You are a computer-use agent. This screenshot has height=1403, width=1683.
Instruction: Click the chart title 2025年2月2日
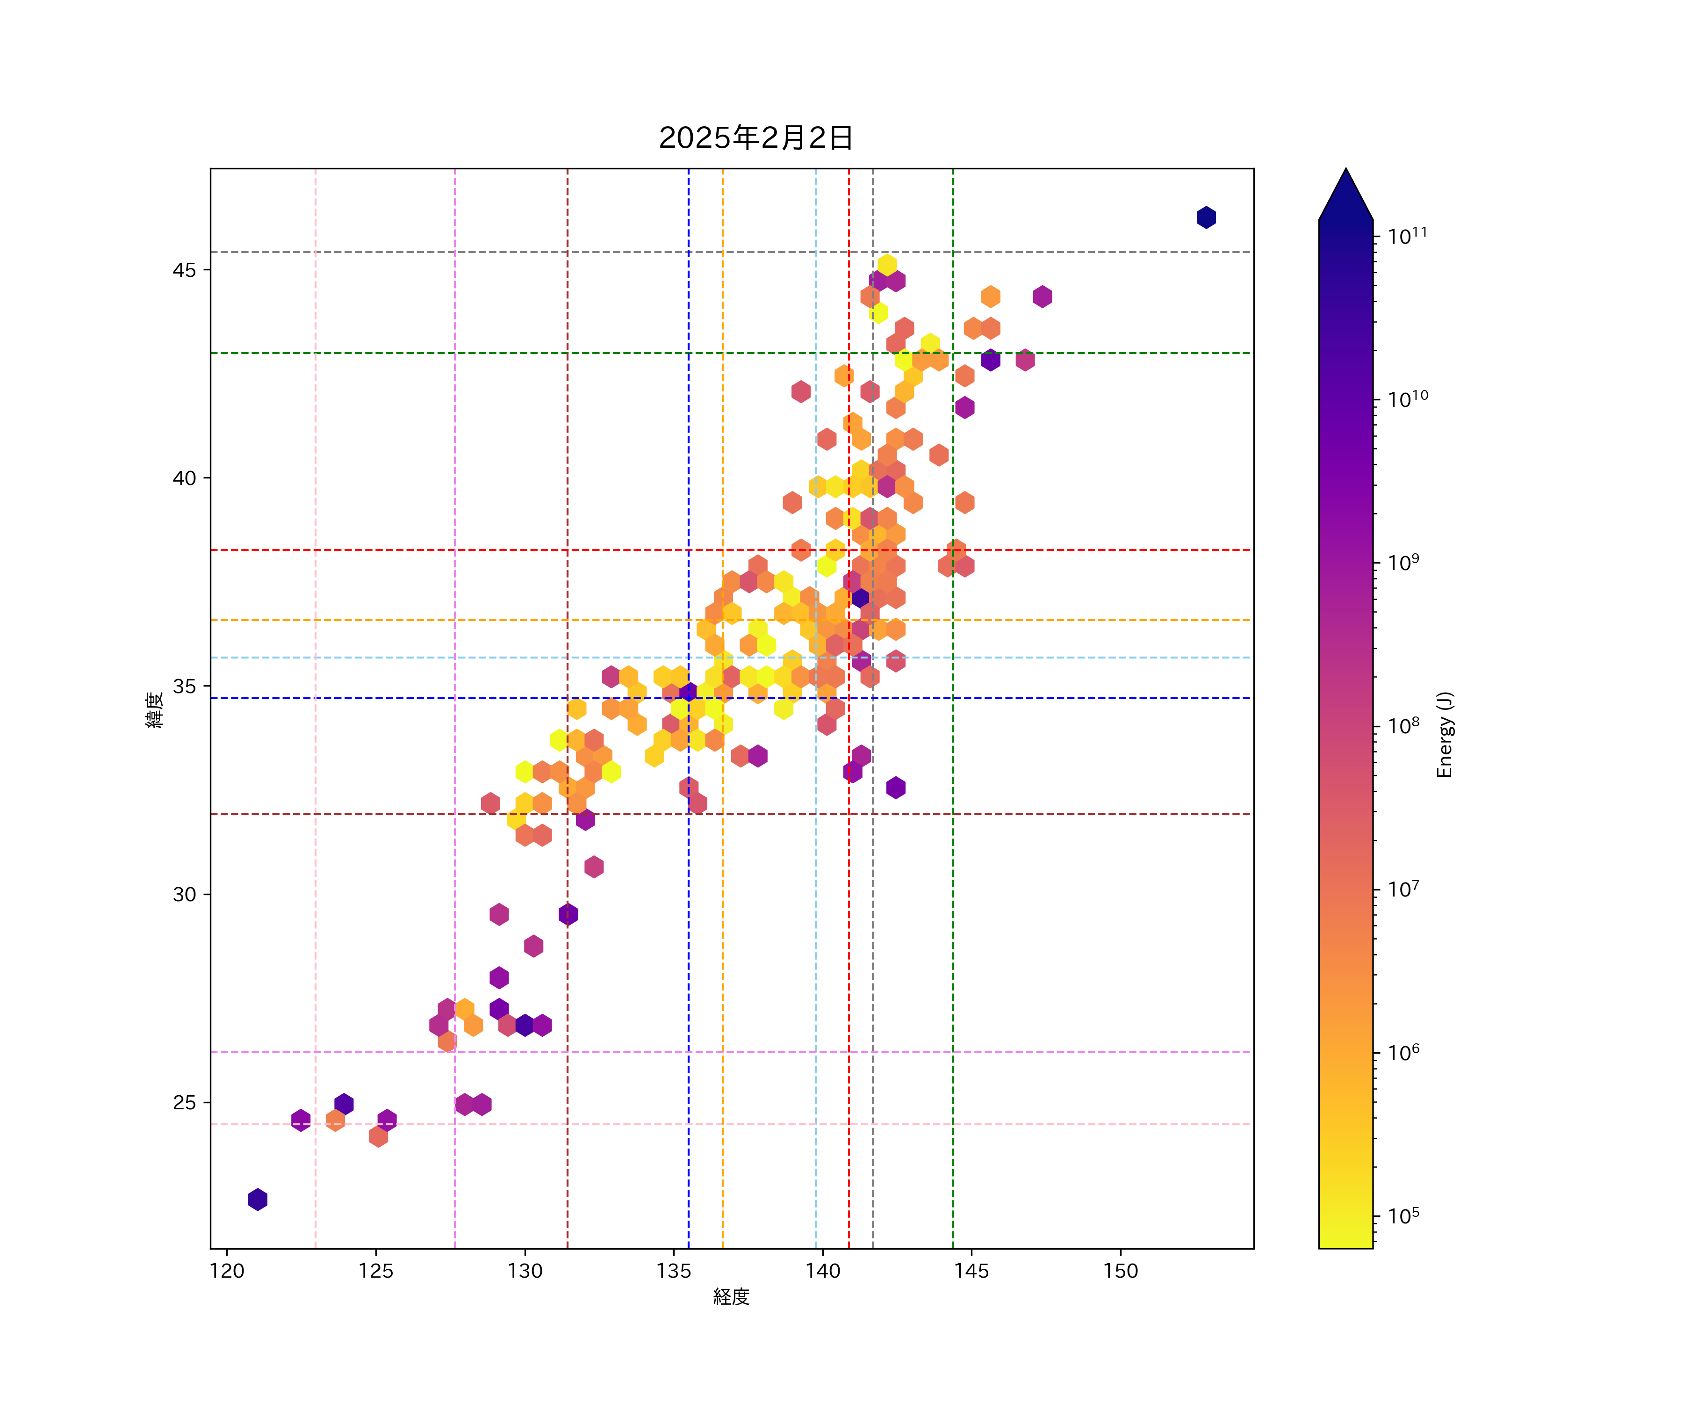(756, 138)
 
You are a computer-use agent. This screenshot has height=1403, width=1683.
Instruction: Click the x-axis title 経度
(731, 1296)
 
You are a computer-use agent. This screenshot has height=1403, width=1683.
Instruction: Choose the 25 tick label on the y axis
(184, 1102)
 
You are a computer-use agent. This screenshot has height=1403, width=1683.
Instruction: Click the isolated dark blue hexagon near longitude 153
(1206, 217)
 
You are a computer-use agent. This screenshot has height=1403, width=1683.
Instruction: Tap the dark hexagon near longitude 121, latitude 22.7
(257, 1200)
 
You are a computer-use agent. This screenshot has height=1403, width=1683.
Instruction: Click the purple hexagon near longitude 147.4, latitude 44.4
(1042, 297)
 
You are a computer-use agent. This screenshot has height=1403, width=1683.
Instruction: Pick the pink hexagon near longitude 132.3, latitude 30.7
(594, 867)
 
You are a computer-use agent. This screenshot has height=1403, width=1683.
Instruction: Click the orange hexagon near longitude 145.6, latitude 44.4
(991, 297)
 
